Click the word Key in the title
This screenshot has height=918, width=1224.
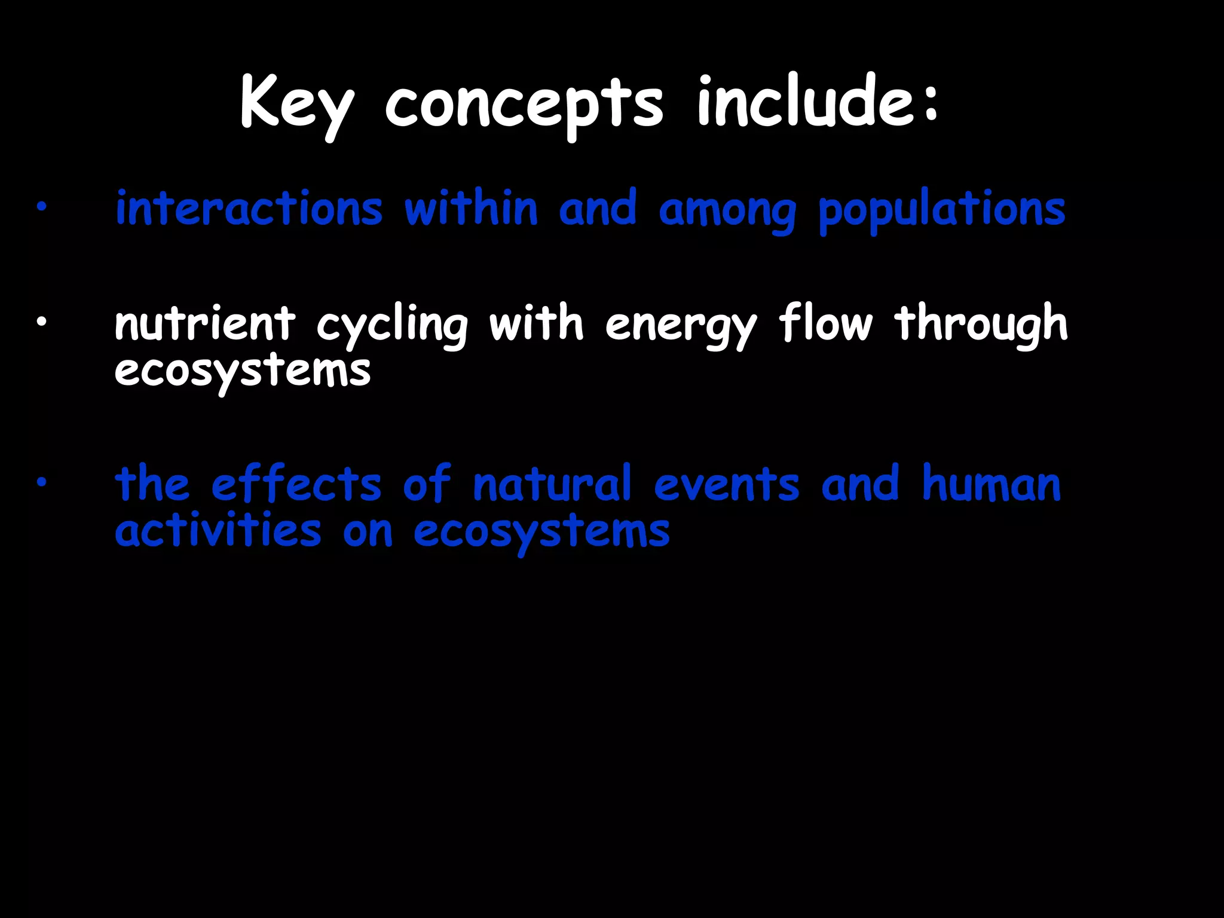point(297,105)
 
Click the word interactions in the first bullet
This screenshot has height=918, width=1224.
point(249,209)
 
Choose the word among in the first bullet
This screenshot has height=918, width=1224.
point(727,211)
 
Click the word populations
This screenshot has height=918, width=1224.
point(942,211)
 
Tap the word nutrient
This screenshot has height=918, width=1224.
point(205,323)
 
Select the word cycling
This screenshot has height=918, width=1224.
point(391,326)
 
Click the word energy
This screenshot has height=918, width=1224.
point(681,326)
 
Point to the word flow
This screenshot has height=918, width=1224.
point(825,322)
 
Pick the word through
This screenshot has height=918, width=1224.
point(981,325)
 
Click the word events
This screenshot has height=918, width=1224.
point(726,484)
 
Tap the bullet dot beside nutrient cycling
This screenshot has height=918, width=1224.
point(41,323)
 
